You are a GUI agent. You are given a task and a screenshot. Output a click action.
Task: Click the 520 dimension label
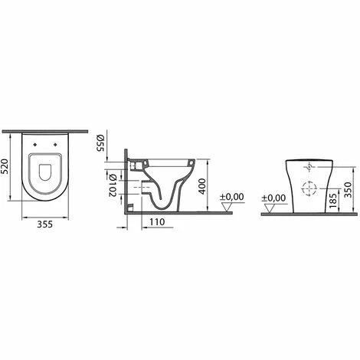pos(5,166)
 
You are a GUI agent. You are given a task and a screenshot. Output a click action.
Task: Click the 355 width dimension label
pos(45,224)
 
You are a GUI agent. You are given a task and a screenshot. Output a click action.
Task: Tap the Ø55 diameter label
pos(100,143)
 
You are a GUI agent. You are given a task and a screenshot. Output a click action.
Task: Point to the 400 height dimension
pos(202,186)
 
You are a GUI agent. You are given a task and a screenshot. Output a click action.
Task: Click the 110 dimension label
pos(157,222)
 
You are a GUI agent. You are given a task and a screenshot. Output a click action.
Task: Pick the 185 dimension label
pos(333,200)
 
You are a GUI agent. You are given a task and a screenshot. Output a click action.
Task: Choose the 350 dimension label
pos(348,190)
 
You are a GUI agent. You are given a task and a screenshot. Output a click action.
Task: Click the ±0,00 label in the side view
pos(232,197)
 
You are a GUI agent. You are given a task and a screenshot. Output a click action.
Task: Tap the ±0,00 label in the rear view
pos(274,198)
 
